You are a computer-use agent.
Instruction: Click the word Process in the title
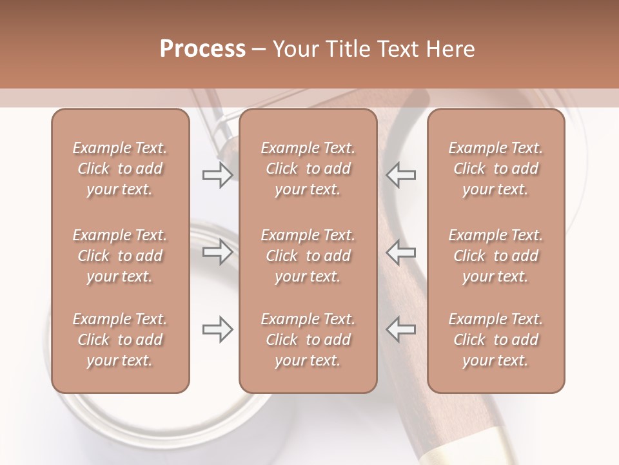click(x=202, y=49)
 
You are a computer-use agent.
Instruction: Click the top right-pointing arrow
click(x=217, y=174)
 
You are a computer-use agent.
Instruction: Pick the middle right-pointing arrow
click(x=217, y=252)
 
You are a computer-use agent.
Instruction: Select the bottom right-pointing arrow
click(x=217, y=329)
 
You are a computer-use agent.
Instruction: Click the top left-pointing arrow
click(x=401, y=174)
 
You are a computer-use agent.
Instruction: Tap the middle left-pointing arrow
click(x=401, y=252)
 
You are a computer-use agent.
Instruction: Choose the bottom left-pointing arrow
click(x=401, y=329)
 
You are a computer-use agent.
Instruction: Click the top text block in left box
click(x=120, y=169)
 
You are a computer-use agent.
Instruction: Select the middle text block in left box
click(x=120, y=256)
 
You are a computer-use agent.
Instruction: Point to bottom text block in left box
click(x=120, y=340)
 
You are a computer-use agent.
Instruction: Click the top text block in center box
click(x=308, y=169)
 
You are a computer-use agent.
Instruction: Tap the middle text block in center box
click(x=308, y=256)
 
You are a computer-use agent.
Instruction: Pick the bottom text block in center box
click(x=308, y=340)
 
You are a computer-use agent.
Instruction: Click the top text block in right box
click(x=496, y=169)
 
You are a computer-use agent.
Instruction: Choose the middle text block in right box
click(x=496, y=256)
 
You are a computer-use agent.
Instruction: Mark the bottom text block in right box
click(x=496, y=340)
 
